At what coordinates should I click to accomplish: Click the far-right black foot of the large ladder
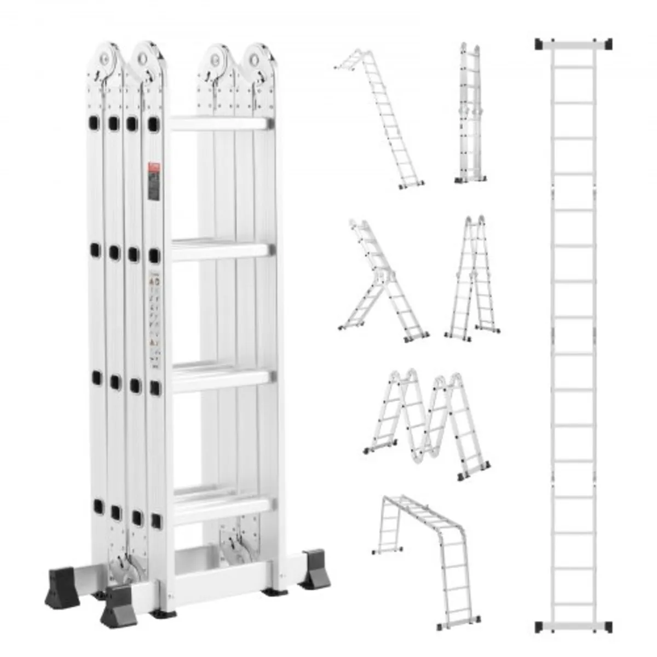[316, 569]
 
